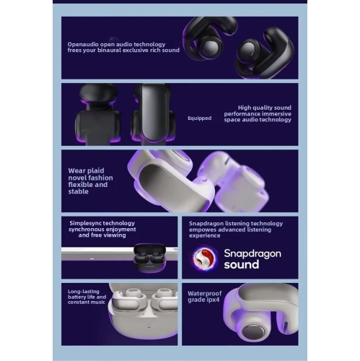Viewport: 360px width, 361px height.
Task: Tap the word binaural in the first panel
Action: pos(109,51)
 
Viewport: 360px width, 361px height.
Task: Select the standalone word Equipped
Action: pos(200,118)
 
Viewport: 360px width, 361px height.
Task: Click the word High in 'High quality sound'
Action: pos(245,108)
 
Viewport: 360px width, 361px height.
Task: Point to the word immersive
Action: pos(276,114)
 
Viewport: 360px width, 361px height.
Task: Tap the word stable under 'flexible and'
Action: pos(78,191)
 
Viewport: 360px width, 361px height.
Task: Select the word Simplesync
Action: pos(84,223)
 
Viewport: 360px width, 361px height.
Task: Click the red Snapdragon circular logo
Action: pos(204,258)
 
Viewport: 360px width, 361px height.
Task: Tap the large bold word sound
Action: pos(242,264)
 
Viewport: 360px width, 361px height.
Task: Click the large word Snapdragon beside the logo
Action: pos(253,253)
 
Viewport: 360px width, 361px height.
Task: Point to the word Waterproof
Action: pos(205,294)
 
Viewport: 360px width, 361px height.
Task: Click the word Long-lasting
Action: pos(84,292)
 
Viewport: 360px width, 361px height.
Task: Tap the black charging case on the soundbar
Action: pos(149,258)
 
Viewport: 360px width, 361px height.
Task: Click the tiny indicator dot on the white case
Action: pos(149,327)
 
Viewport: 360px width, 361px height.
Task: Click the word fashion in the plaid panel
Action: pos(100,178)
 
